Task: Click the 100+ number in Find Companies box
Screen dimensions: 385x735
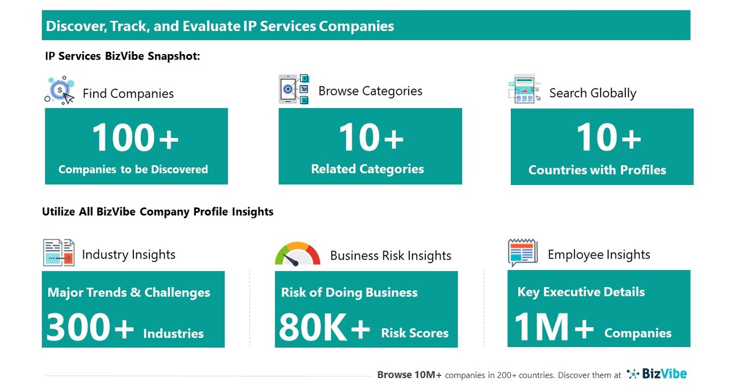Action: click(x=135, y=138)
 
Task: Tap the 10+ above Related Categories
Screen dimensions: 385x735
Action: click(x=371, y=138)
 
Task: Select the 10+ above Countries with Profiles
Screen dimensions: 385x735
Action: click(x=608, y=138)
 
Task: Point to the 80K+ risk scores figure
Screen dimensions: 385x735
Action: click(x=325, y=328)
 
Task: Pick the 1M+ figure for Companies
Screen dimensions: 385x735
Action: click(x=554, y=328)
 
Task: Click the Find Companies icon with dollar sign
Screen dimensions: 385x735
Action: click(x=60, y=90)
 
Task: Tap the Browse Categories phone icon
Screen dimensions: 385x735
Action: click(x=294, y=89)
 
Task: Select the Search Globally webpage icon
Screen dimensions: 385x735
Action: click(x=524, y=89)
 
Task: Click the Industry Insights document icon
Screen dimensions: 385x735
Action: click(x=59, y=253)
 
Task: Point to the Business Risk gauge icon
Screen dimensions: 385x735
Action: click(x=297, y=254)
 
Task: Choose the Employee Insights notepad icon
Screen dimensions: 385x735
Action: click(x=522, y=253)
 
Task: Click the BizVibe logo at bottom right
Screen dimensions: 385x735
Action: click(x=657, y=374)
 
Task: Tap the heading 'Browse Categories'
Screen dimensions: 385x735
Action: click(x=370, y=91)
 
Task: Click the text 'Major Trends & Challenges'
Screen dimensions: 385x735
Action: click(x=129, y=292)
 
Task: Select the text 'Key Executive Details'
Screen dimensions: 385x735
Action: click(x=581, y=292)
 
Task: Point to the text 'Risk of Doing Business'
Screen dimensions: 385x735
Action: click(x=349, y=292)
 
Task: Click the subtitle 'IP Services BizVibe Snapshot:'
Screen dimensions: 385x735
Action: click(x=122, y=56)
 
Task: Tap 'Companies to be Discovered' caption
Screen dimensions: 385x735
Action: click(x=133, y=170)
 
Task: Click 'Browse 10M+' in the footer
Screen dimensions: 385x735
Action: click(x=409, y=375)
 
